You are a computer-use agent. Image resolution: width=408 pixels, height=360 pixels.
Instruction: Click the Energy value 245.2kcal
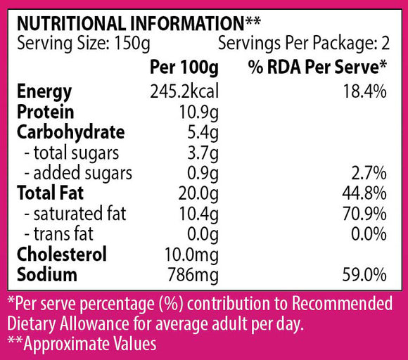point(184,91)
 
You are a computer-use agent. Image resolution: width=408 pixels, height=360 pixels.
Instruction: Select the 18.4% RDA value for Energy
point(365,91)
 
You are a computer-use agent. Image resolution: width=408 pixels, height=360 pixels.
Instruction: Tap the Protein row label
point(46,112)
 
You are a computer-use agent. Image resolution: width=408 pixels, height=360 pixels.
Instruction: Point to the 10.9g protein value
point(199,113)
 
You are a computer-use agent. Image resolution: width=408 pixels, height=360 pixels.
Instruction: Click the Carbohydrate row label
point(71,133)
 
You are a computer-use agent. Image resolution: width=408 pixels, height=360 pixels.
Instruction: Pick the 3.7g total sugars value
point(203,154)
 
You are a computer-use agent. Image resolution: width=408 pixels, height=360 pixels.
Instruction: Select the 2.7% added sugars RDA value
point(369,173)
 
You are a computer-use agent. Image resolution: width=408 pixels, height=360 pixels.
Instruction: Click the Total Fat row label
point(51,193)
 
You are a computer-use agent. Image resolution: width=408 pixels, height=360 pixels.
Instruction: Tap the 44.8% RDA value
point(364,193)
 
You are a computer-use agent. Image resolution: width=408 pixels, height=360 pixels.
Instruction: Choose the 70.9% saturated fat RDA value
point(364,214)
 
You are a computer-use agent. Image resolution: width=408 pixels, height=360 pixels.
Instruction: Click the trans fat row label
point(58,233)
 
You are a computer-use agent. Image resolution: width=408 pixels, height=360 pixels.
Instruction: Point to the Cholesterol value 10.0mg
point(192,255)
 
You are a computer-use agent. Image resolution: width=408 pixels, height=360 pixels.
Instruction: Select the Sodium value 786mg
point(193,276)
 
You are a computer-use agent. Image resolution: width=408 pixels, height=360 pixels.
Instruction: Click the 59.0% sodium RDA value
point(364,275)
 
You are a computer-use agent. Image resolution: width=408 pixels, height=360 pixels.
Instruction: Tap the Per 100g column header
point(184,67)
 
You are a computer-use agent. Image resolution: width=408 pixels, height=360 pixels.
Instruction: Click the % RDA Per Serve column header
point(317,67)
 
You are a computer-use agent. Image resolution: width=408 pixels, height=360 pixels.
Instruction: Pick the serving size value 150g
point(132,44)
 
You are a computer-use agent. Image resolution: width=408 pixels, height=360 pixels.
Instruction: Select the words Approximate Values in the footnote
point(90,345)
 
